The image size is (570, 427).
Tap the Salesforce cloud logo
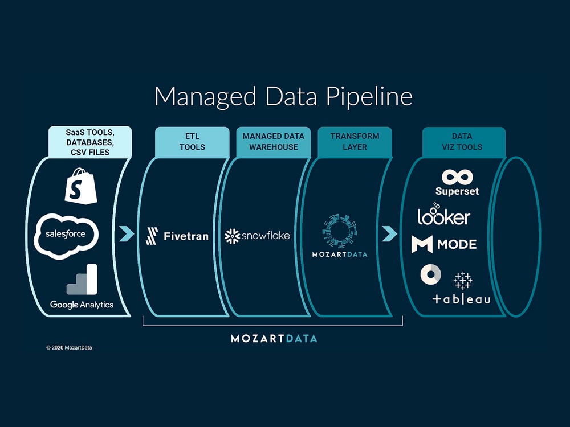click(66, 234)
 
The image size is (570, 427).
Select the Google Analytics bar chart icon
click(82, 280)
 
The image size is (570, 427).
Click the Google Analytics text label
click(82, 305)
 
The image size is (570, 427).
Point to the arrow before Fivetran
click(126, 234)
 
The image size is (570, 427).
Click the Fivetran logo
click(177, 236)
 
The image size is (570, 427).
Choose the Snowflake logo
click(257, 235)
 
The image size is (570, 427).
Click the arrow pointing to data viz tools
click(389, 233)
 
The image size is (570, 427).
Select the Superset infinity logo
click(457, 176)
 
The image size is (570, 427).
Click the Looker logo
click(443, 216)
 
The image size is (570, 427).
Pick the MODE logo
click(443, 245)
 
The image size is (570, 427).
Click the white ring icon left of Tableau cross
click(430, 275)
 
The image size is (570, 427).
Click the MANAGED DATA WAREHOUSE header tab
click(274, 141)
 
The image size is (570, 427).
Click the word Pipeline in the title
click(369, 96)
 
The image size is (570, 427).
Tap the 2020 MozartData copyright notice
click(69, 348)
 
